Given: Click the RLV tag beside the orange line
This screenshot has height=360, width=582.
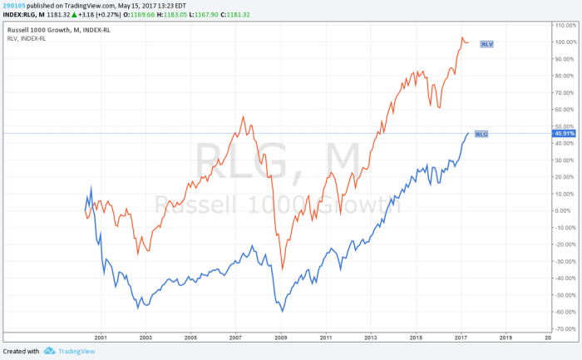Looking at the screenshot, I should (x=488, y=43).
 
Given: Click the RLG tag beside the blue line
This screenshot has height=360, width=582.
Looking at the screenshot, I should (x=481, y=133).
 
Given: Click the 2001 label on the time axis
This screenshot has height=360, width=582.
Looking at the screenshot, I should (x=101, y=339).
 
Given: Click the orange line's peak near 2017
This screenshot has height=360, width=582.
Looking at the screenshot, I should (x=462, y=37).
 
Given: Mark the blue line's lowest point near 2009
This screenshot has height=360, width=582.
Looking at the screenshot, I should (x=283, y=311).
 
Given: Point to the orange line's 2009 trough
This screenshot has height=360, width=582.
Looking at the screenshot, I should (x=282, y=269).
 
